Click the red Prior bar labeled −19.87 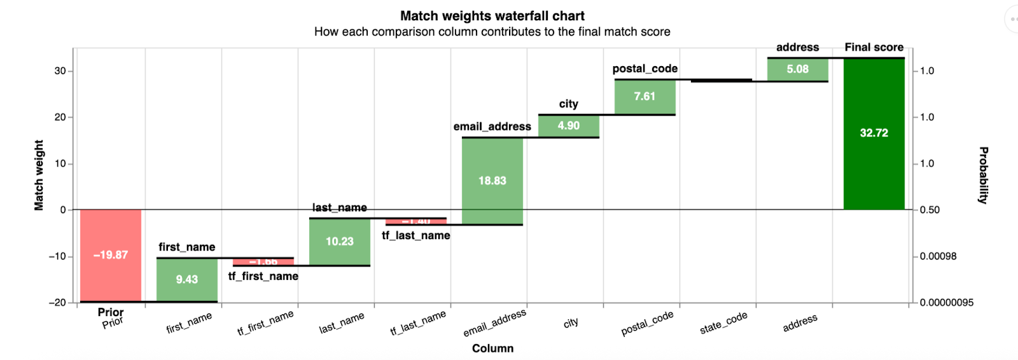(x=111, y=255)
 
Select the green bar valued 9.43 (x=187, y=279)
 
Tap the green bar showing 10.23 (x=340, y=242)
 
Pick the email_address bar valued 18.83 (x=492, y=181)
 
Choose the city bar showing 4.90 (x=569, y=126)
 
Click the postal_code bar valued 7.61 (x=645, y=97)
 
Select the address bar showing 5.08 (x=798, y=69)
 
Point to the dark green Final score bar (x=874, y=134)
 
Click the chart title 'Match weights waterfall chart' (x=492, y=16)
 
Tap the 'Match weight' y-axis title (x=39, y=176)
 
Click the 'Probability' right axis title (x=983, y=176)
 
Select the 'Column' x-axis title (x=492, y=349)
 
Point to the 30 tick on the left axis (x=60, y=71)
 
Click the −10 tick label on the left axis (x=57, y=256)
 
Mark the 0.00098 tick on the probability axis (x=938, y=256)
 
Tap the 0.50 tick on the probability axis (x=930, y=210)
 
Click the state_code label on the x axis (x=723, y=323)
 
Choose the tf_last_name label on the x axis (x=418, y=322)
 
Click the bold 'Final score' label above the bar (x=874, y=47)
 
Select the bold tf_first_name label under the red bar (x=263, y=276)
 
